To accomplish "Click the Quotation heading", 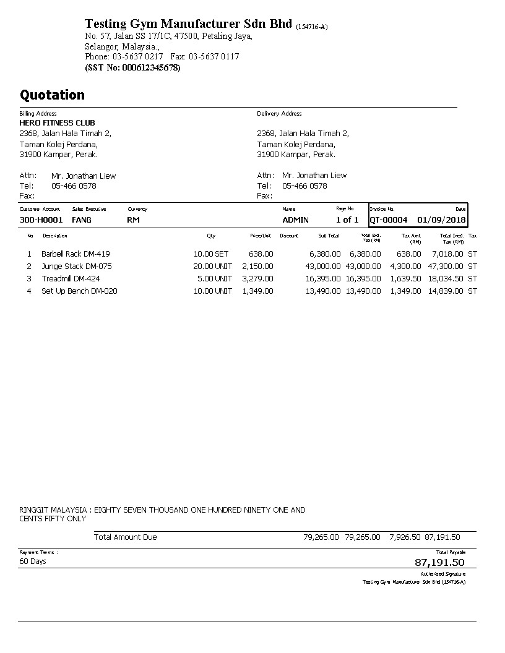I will (52, 95).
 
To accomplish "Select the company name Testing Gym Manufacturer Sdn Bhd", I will (188, 24).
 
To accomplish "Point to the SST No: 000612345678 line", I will (132, 67).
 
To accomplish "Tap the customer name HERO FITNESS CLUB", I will (57, 123).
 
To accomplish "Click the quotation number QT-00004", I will (389, 220).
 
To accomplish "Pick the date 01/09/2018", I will (441, 220).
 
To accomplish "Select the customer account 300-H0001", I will (41, 220).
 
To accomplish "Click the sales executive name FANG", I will (82, 220).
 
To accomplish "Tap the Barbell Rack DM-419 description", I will (76, 254).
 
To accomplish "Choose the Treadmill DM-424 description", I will (71, 279).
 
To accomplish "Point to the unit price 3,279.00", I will (257, 279).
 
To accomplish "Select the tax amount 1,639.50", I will (405, 279).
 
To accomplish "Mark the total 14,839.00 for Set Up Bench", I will (445, 291).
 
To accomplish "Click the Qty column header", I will (211, 236).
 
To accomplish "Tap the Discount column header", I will (288, 236).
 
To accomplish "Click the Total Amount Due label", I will (125, 537).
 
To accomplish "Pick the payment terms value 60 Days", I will (33, 561).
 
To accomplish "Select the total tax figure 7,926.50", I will (405, 537).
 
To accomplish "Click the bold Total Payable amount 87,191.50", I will (439, 563).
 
